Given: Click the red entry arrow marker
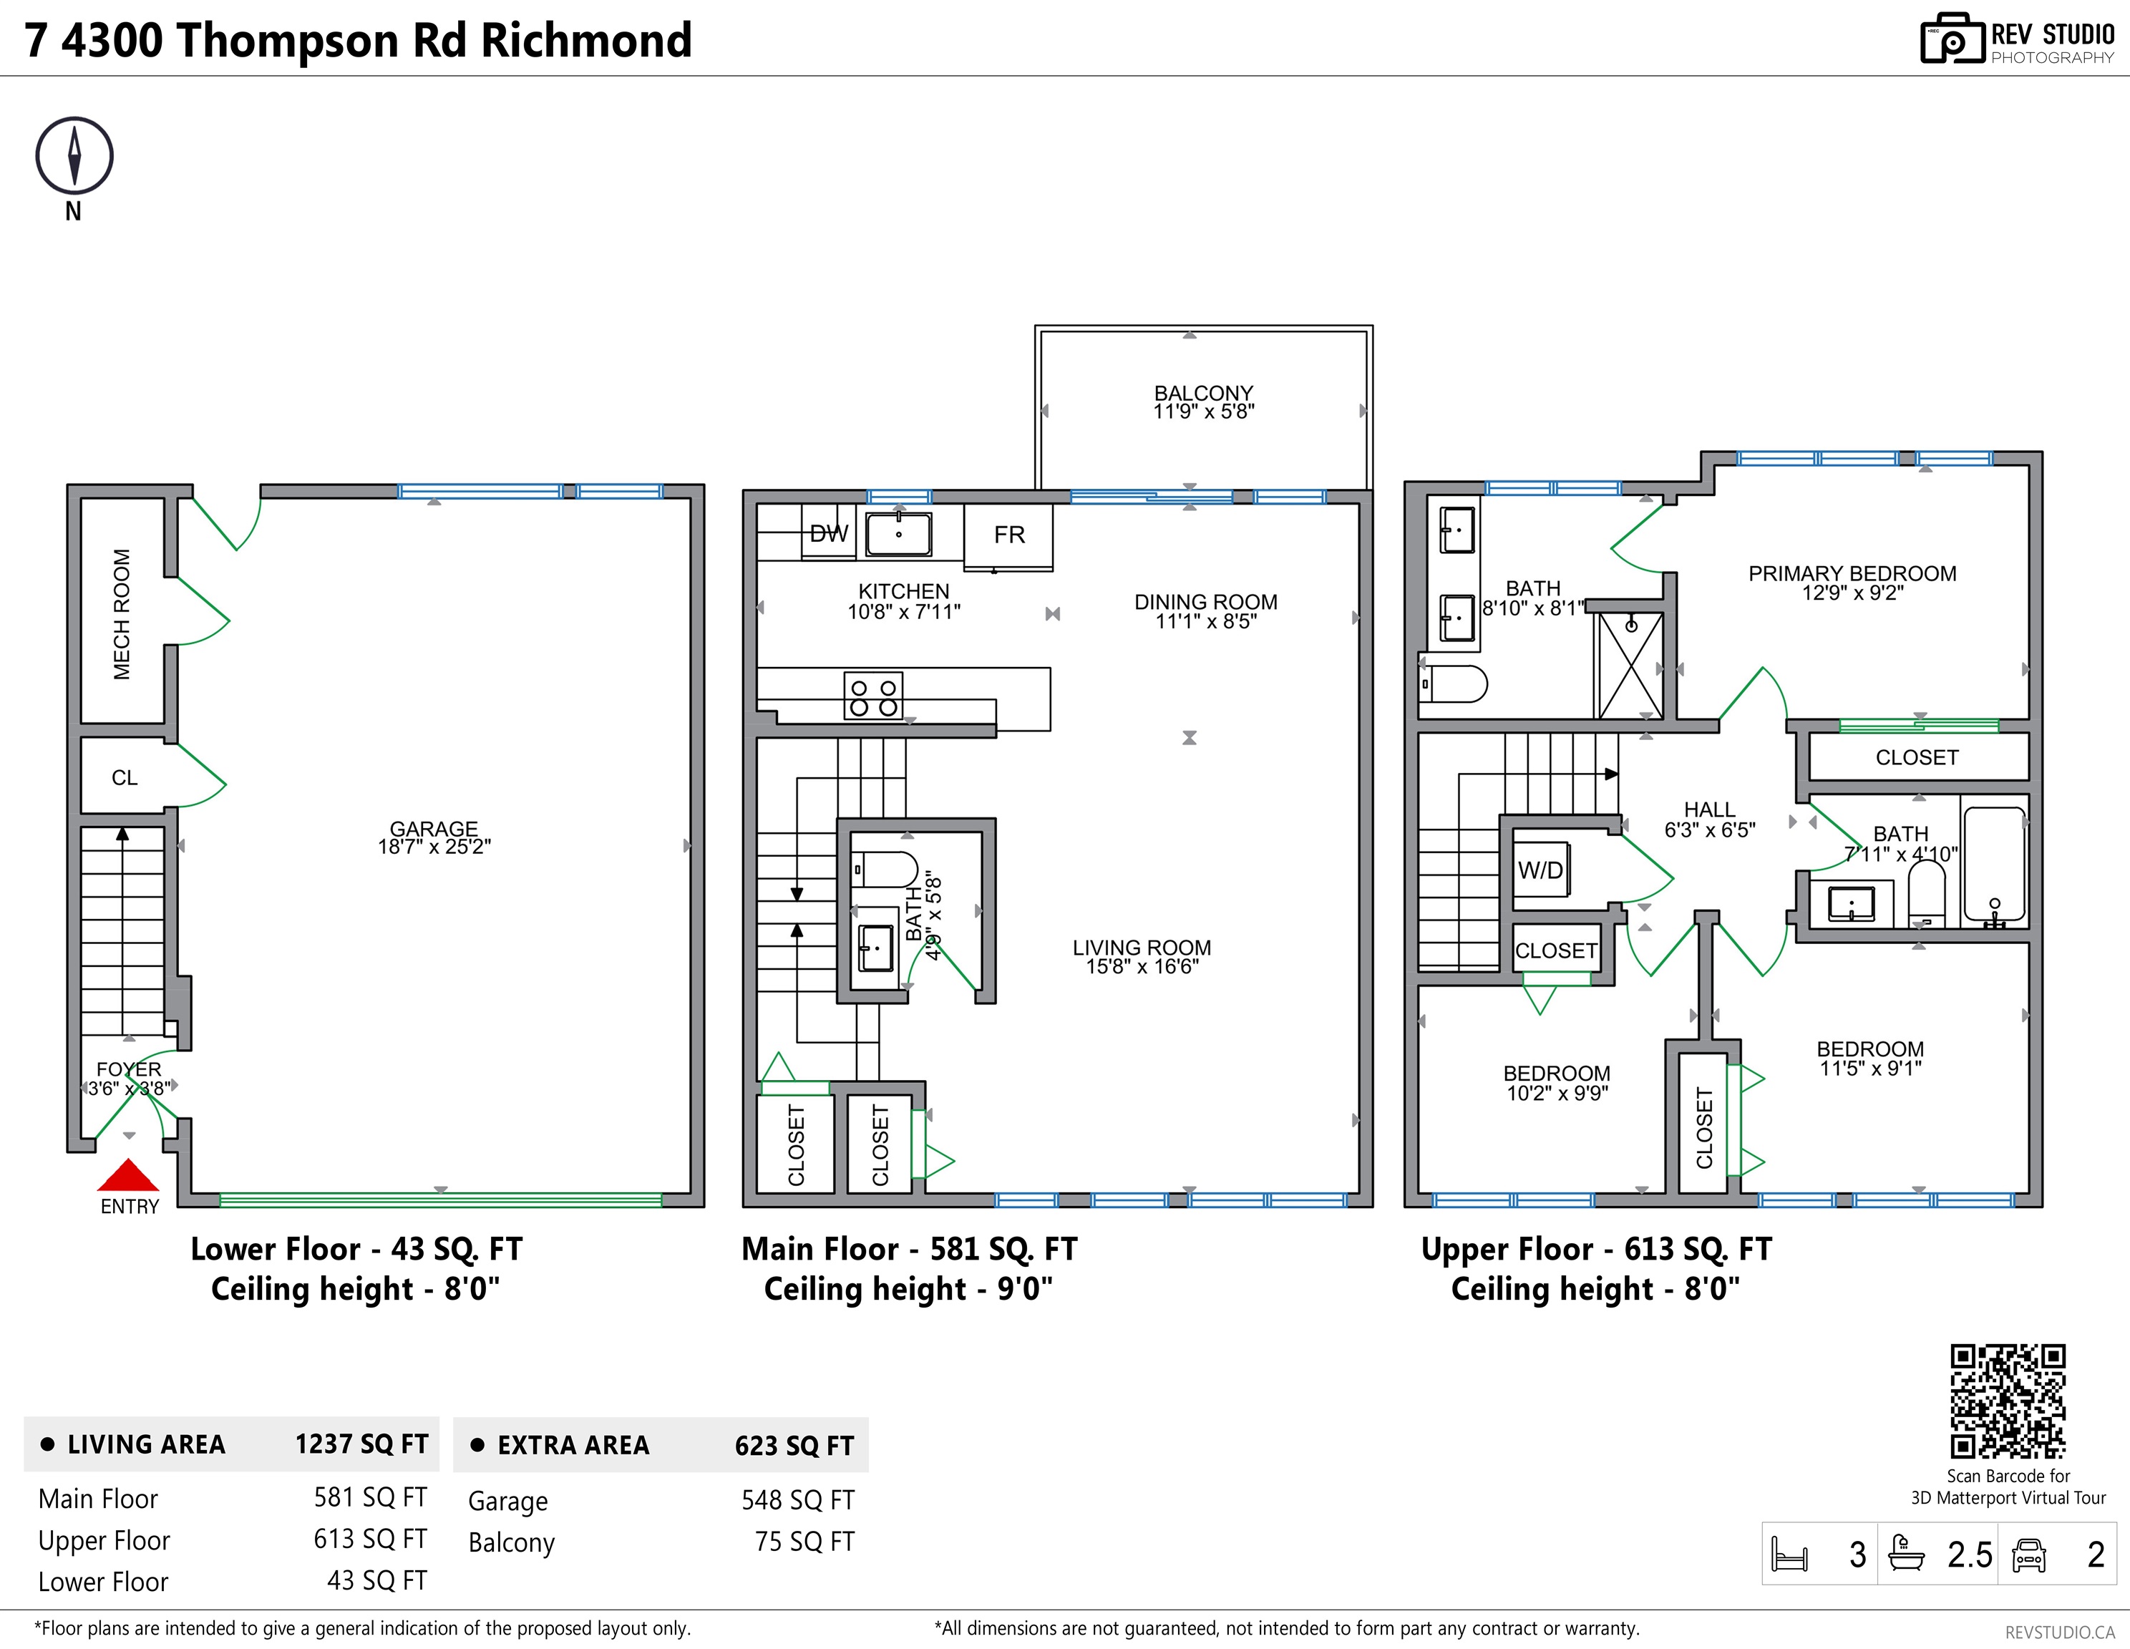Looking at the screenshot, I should click(128, 1175).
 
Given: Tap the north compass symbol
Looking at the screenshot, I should click(74, 155).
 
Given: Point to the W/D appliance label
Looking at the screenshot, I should click(1540, 870).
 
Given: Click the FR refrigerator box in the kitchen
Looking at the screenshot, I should click(1008, 535).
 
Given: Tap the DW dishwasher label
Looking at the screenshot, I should click(829, 533).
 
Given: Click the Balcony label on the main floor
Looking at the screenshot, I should click(1203, 392).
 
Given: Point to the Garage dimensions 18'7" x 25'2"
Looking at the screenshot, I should click(434, 847).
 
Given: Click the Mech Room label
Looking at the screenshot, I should click(122, 613).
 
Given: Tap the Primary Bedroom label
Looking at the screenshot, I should click(1851, 573).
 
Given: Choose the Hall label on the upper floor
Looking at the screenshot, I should click(1708, 809).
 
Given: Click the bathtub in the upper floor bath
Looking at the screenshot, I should click(1993, 864).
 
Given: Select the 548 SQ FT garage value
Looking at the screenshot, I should click(797, 1500).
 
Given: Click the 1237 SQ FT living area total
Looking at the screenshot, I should click(361, 1444).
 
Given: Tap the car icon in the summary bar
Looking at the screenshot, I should click(2028, 1555).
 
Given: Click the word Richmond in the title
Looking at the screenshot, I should click(586, 41).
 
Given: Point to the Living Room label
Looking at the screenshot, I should click(1141, 947).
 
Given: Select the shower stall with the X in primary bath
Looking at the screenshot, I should click(1630, 665).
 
